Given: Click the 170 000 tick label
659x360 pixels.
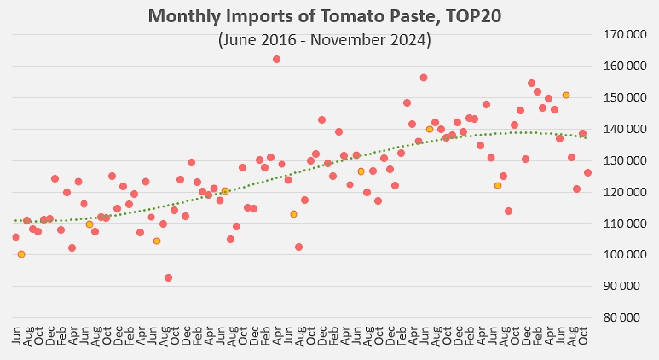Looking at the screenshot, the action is tap(625, 34).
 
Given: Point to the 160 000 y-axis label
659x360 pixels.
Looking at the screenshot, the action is tap(625, 66).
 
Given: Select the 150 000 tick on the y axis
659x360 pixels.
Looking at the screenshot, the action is tap(625, 97).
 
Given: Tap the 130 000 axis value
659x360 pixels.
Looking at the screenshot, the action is tap(625, 160).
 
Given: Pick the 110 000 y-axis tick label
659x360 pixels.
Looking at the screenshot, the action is tap(625, 224).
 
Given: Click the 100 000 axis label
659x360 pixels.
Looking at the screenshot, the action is tap(625, 255).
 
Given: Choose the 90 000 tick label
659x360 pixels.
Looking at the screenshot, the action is tap(627, 287).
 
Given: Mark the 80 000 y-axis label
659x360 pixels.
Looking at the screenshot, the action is tap(627, 318).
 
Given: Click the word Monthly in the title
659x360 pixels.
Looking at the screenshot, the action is tap(184, 17).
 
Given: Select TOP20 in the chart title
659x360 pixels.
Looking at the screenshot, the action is tap(473, 16).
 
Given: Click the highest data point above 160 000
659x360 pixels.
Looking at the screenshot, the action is tap(276, 60).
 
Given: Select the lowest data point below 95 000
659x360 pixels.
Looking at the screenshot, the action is tap(168, 277).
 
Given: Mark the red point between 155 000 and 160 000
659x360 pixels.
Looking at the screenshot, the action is tap(424, 78).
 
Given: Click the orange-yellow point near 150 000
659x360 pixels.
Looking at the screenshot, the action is tap(566, 95).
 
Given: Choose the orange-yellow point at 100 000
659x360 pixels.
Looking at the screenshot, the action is tap(21, 254).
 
